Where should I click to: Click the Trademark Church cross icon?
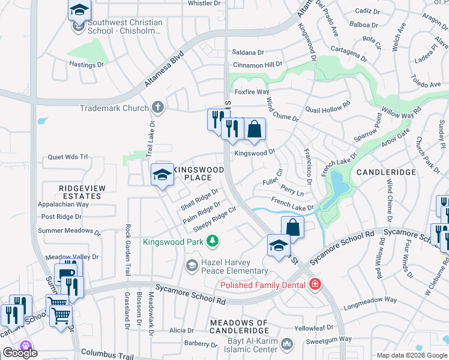point(158,108)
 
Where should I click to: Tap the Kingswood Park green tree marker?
point(212,241)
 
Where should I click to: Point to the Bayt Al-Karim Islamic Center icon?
point(288,344)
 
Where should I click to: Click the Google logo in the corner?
point(20,353)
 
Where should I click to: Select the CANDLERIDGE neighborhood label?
point(386,172)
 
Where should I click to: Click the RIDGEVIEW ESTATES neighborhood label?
point(82,192)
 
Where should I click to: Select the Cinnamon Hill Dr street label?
point(258,64)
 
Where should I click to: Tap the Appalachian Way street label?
point(64,204)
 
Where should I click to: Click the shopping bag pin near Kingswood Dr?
point(255,128)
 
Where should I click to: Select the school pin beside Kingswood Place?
point(161,175)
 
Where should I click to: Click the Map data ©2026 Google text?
point(411,355)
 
